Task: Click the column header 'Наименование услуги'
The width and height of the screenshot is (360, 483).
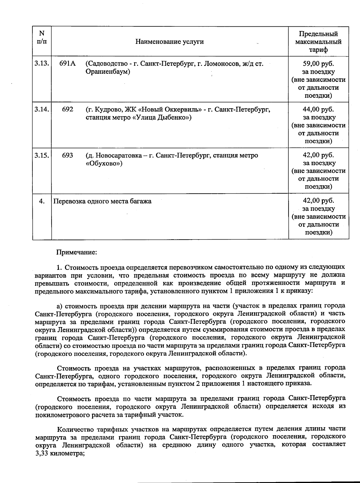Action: [x=169, y=41]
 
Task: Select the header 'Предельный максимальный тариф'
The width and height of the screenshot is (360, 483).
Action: [x=318, y=42]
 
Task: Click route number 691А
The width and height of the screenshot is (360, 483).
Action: [x=67, y=64]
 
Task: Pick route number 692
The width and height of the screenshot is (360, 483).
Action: [x=67, y=109]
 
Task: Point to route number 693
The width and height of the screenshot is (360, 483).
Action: [x=67, y=155]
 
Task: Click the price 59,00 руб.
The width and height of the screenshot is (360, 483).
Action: [x=318, y=64]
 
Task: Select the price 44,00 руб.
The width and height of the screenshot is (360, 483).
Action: [x=318, y=109]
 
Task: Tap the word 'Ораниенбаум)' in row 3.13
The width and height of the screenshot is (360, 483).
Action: [x=108, y=72]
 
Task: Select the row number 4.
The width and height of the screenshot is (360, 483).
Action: [x=42, y=201]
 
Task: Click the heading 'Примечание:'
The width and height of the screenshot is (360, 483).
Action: [x=77, y=252]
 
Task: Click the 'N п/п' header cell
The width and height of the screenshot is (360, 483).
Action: [x=42, y=37]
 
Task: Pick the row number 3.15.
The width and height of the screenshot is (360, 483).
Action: [x=42, y=155]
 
